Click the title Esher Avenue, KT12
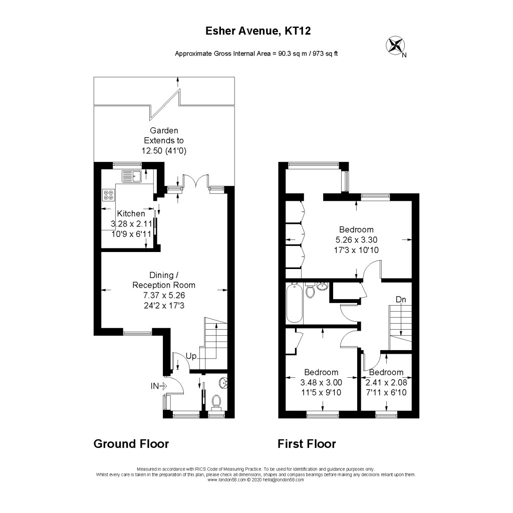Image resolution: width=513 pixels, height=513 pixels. [258, 31]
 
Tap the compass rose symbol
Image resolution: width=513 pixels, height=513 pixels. [395, 46]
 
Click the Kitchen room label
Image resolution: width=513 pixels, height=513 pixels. [131, 213]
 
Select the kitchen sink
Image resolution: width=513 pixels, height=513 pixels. [132, 176]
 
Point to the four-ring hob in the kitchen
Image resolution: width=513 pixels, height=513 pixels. [108, 195]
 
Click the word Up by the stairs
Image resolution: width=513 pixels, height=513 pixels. [191, 356]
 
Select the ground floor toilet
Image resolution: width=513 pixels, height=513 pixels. [217, 401]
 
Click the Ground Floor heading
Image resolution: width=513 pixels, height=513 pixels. [131, 444]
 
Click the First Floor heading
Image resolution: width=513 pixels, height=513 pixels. [307, 444]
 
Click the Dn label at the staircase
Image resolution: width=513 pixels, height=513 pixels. [400, 300]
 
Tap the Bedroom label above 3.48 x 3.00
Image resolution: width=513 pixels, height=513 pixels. [321, 372]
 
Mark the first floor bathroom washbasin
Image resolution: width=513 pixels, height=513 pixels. [322, 287]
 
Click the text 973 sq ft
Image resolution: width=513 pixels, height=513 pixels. [325, 54]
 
